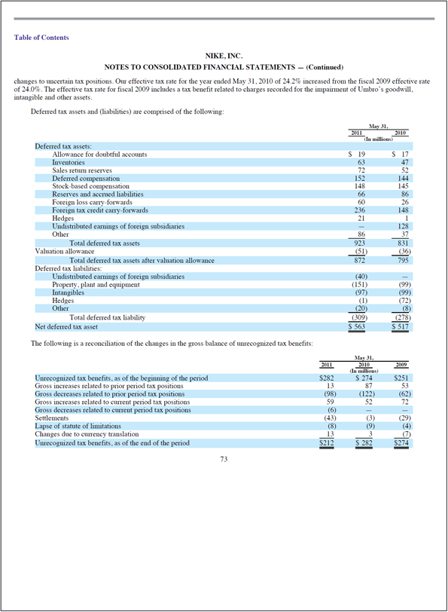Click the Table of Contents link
pos(41,38)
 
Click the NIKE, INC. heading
pos(224,57)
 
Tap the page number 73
pos(224,460)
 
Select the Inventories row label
pos(69,162)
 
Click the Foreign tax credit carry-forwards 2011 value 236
pos(359,211)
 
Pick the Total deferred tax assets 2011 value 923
pos(359,243)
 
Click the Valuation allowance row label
pos(65,252)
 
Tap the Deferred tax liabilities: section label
pos(69,268)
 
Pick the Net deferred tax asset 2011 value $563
pos(357,327)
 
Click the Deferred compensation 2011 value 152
pos(359,179)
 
